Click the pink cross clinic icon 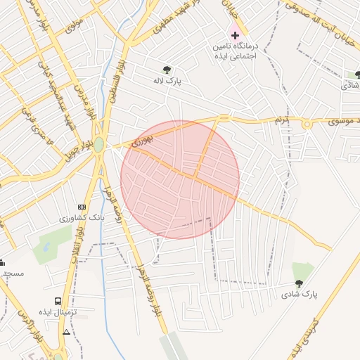[236, 34]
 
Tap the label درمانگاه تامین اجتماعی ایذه [236, 51]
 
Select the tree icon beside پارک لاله [167, 70]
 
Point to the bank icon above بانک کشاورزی [82, 207]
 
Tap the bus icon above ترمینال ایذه [58, 302]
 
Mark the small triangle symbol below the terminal [67, 331]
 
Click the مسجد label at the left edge [12, 273]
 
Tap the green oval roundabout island [99, 145]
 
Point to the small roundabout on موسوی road [307, 124]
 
